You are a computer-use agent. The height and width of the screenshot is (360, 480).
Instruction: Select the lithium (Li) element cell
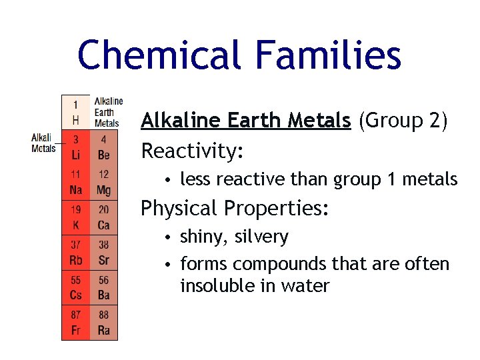click(x=75, y=147)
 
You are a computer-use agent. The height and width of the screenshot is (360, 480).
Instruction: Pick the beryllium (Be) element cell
click(x=103, y=147)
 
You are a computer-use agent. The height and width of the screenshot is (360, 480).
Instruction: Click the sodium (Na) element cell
click(x=75, y=182)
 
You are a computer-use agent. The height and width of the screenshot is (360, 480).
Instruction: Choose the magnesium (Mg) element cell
click(x=103, y=182)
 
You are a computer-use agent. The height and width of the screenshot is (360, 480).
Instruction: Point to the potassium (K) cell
click(x=75, y=217)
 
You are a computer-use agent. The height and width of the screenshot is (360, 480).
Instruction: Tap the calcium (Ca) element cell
click(x=103, y=217)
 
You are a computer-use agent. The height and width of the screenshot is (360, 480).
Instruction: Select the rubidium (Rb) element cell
click(x=75, y=252)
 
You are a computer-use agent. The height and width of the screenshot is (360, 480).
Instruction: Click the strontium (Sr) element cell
click(x=103, y=252)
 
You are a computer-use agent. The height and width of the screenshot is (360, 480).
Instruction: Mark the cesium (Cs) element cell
click(x=75, y=287)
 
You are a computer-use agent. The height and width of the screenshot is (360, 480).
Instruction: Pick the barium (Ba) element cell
click(x=103, y=287)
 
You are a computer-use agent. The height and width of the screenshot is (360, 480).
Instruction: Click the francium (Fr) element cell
click(x=75, y=323)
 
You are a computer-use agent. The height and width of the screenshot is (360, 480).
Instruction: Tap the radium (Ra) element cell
click(x=103, y=323)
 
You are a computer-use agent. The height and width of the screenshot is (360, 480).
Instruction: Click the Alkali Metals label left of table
click(x=43, y=143)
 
